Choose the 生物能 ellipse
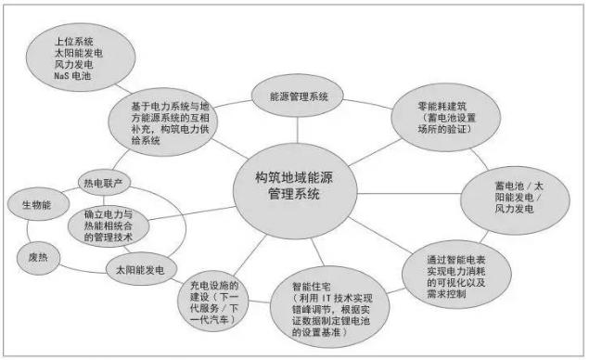coord(34,202)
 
